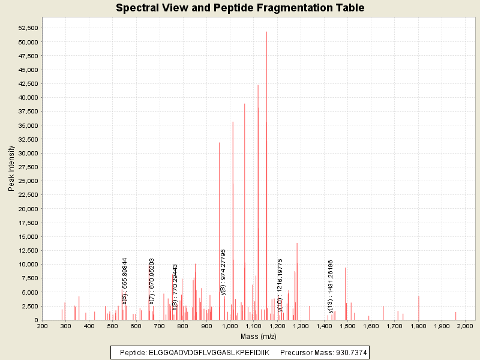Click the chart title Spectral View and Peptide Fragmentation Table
tap(240, 8)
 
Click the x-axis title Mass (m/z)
tap(259, 336)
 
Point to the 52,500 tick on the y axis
tap(27, 28)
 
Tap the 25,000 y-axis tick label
tap(27, 181)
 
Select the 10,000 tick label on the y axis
tap(27, 264)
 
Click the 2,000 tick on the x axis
tap(465, 326)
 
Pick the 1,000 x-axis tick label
tap(230, 326)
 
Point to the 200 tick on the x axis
tap(42, 326)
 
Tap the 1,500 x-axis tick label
tap(347, 326)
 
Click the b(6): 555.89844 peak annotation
tap(125, 281)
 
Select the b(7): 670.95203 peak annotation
tap(152, 281)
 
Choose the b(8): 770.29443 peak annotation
tap(175, 287)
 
